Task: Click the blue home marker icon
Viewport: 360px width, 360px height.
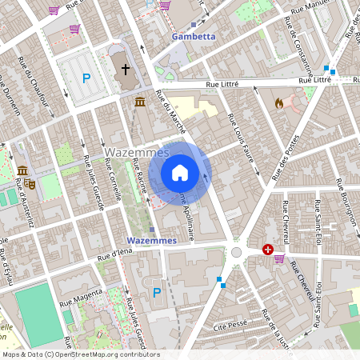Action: (x=180, y=173)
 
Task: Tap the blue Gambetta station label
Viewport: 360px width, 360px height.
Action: (x=194, y=37)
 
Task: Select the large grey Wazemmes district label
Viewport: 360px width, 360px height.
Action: (x=136, y=152)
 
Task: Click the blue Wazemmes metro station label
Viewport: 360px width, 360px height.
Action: (x=151, y=240)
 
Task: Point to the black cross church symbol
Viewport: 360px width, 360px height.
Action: (x=125, y=70)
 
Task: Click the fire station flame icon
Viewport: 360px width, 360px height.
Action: (x=278, y=103)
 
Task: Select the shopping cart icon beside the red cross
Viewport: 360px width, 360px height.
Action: (x=279, y=258)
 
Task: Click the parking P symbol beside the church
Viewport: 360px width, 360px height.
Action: (x=86, y=78)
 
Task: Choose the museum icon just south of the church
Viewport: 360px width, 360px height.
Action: (x=140, y=102)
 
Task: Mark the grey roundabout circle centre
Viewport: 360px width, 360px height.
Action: (x=237, y=252)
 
